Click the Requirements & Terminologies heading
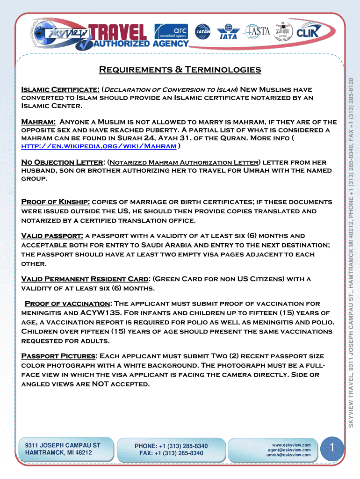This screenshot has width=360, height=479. [180, 70]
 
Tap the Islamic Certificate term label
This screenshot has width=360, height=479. [60, 89]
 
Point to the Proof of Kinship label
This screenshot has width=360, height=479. [56, 202]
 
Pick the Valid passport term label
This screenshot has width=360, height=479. [52, 236]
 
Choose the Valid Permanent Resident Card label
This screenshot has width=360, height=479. [86, 279]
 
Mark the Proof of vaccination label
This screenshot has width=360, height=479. [68, 304]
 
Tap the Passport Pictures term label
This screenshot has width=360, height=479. [58, 356]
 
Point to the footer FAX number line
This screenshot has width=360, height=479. [171, 453]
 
